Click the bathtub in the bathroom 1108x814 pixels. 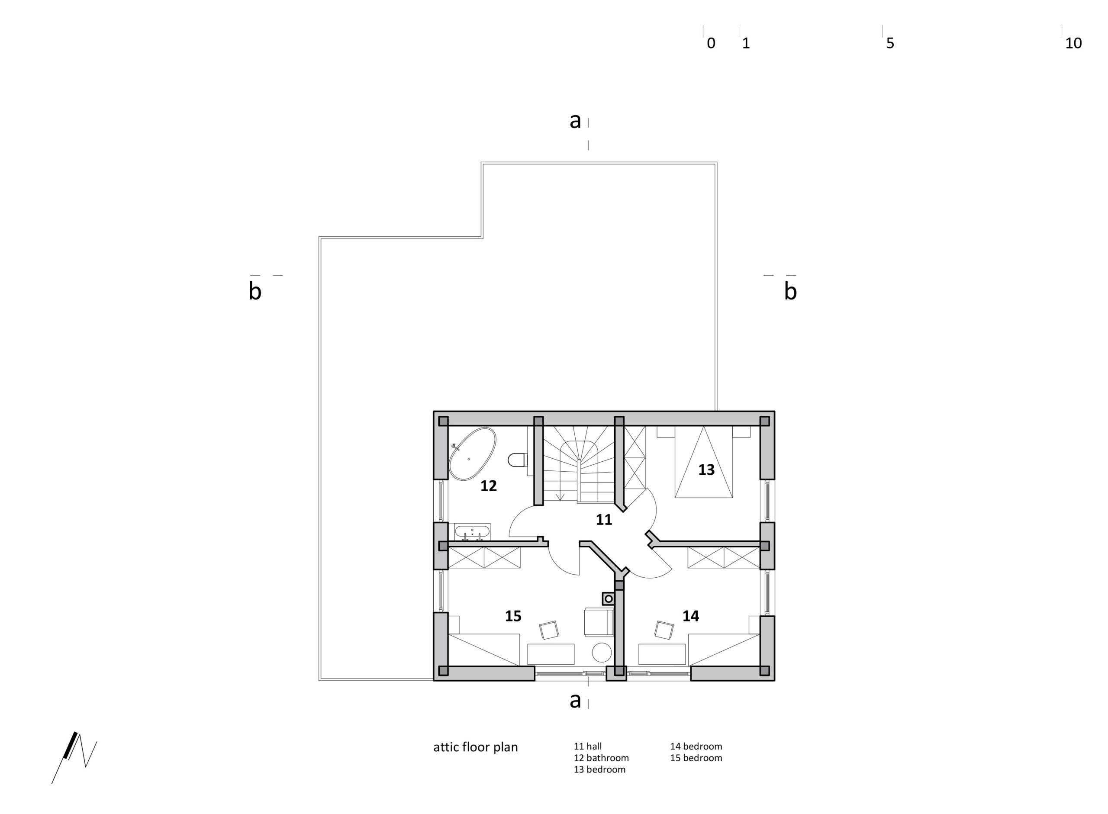(472, 454)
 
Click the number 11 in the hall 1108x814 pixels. (604, 520)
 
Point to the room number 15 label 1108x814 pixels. (513, 616)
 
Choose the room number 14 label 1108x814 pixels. (690, 616)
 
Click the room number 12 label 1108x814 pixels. (488, 486)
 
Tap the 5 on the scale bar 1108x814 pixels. (890, 43)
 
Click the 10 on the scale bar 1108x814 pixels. (1073, 43)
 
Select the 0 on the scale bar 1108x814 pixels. (711, 43)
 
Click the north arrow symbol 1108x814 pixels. (74, 757)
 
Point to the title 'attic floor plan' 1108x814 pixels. (475, 747)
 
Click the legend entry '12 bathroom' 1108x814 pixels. (601, 758)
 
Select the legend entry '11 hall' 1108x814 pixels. (587, 746)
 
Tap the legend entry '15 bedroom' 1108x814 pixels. (696, 758)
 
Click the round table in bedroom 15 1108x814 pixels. (602, 653)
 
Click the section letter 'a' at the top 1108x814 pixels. (575, 120)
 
